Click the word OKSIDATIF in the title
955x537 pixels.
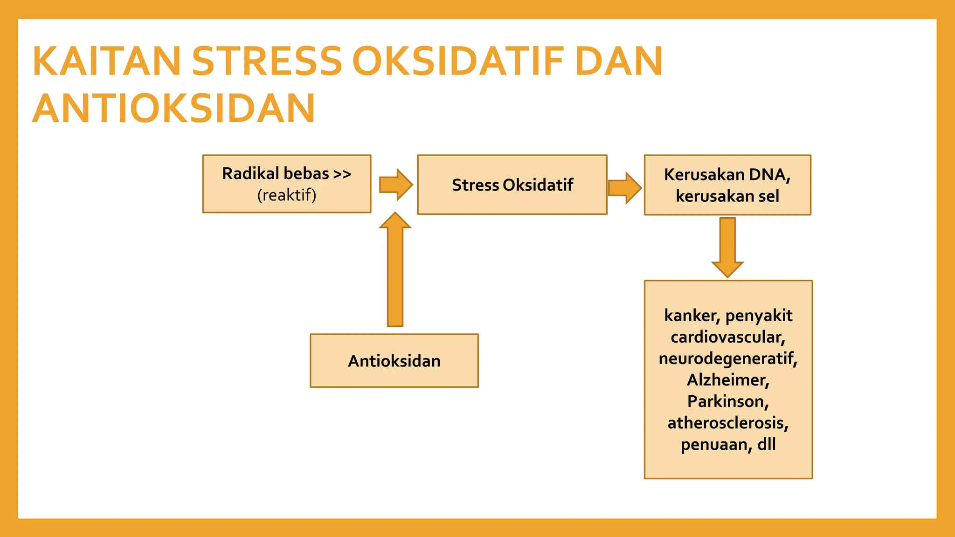tap(459, 61)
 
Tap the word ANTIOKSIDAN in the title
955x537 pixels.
tap(174, 109)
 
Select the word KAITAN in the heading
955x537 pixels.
tap(106, 61)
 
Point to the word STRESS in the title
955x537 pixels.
tap(267, 61)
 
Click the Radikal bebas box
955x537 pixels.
tap(286, 184)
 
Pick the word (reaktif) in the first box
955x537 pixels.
tap(286, 195)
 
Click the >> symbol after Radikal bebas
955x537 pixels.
tap(342, 174)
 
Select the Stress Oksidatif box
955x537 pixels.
tap(512, 185)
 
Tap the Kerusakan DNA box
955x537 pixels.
tap(727, 185)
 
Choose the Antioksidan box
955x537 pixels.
tap(394, 361)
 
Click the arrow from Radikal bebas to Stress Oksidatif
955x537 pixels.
tap(396, 185)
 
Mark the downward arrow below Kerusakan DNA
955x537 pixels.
tap(727, 247)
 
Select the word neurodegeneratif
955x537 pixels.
tap(727, 358)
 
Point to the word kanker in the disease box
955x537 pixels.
tap(691, 316)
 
